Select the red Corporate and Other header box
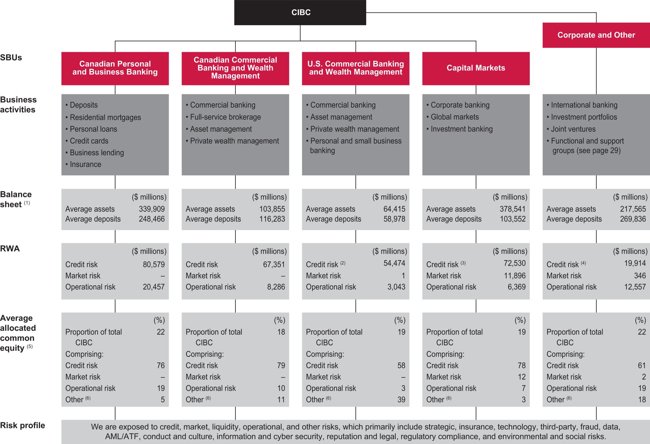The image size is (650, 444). pyautogui.click(x=596, y=35)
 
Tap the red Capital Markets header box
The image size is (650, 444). pyautogui.click(x=476, y=68)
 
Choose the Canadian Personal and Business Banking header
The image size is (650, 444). pyautogui.click(x=115, y=68)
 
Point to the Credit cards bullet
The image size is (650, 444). pyautogui.click(x=89, y=141)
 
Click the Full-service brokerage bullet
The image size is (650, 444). pyautogui.click(x=225, y=117)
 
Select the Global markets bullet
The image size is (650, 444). pyautogui.click(x=454, y=117)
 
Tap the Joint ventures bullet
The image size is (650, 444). pyautogui.click(x=573, y=129)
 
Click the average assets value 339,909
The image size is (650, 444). pyautogui.click(x=152, y=209)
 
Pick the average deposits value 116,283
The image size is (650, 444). pyautogui.click(x=272, y=219)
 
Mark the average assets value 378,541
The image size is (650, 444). pyautogui.click(x=513, y=209)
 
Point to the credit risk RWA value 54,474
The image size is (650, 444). pyautogui.click(x=394, y=263)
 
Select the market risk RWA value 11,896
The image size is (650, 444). pyautogui.click(x=514, y=276)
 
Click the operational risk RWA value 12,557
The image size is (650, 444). pyautogui.click(x=635, y=287)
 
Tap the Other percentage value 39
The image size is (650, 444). pyautogui.click(x=401, y=400)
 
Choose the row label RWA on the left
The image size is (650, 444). pyautogui.click(x=10, y=249)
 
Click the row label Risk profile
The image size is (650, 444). pyautogui.click(x=23, y=426)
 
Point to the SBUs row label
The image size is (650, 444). pyautogui.click(x=11, y=58)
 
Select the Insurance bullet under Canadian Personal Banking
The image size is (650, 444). pyautogui.click(x=85, y=164)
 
